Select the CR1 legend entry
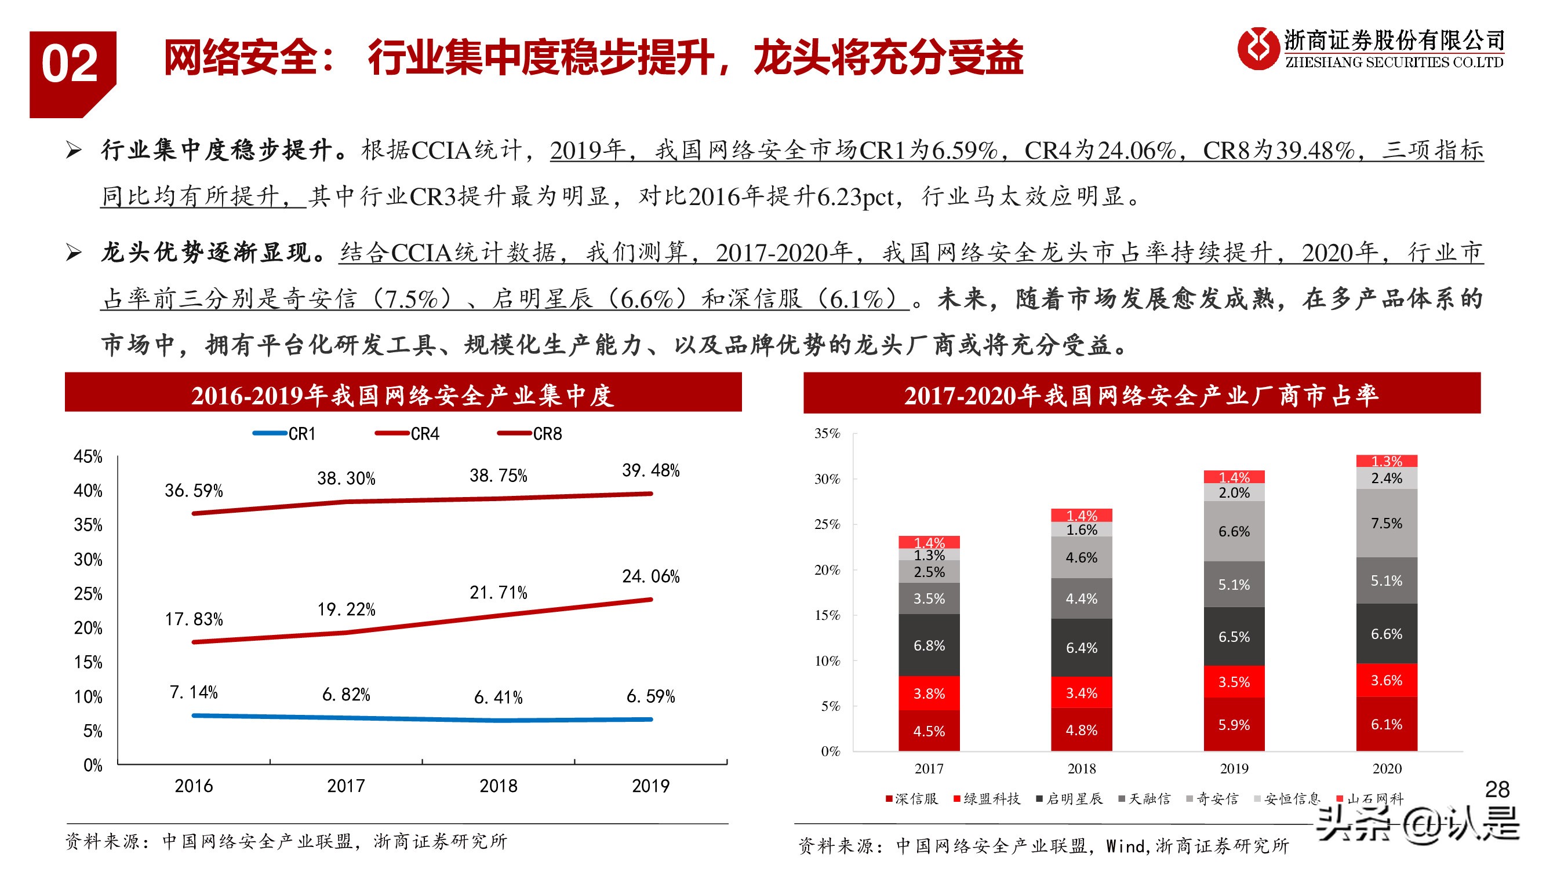point(285,433)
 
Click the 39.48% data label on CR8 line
point(650,470)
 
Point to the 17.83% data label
point(193,618)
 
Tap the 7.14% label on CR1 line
point(193,692)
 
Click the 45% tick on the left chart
point(88,457)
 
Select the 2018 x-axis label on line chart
point(498,786)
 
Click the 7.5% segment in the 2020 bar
point(1387,523)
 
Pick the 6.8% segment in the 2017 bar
point(929,645)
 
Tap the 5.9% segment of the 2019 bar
point(1234,725)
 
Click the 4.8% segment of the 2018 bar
point(1081,730)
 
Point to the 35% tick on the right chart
point(827,433)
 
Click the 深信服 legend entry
point(912,799)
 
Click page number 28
point(1497,789)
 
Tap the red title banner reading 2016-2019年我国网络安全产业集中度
point(403,394)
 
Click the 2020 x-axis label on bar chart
point(1387,768)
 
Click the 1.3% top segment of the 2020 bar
point(1387,461)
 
